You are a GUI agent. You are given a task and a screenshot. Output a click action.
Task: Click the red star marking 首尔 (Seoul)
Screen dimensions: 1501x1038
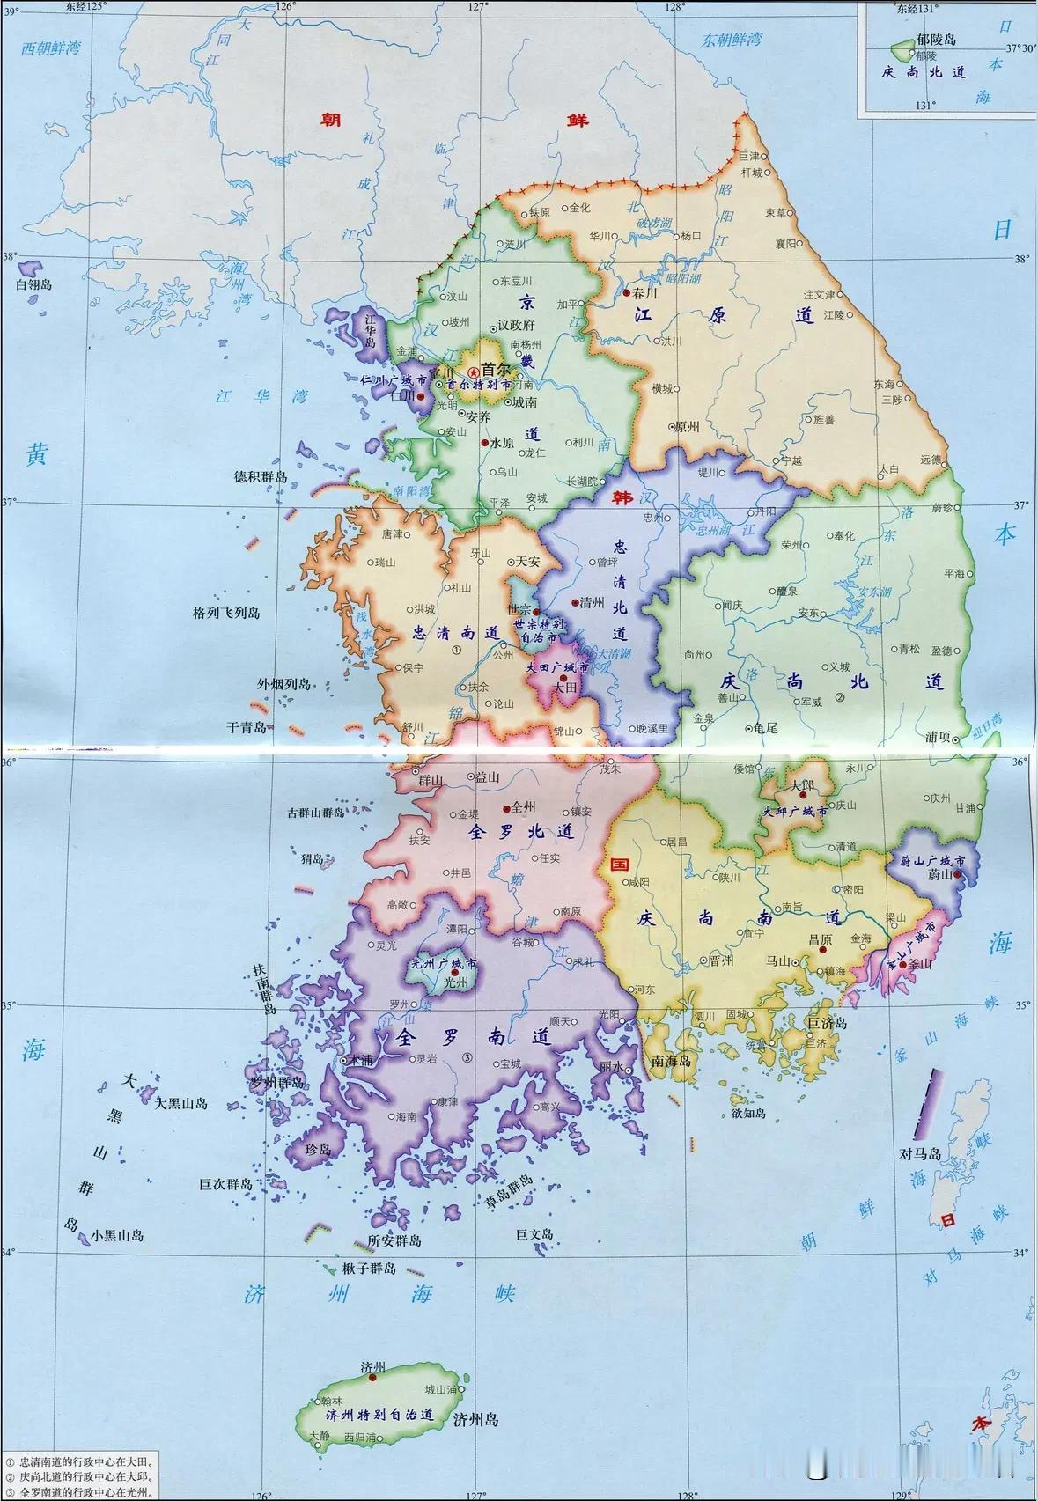(x=474, y=373)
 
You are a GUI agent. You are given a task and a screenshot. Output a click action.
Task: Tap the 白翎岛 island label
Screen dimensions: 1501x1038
(x=34, y=284)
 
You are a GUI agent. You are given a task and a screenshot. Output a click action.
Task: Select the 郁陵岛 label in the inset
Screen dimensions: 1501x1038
(x=936, y=40)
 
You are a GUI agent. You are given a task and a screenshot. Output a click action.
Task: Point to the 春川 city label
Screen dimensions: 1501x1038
(x=645, y=293)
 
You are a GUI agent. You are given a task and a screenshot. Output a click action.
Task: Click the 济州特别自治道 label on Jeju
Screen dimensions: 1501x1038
(x=379, y=1415)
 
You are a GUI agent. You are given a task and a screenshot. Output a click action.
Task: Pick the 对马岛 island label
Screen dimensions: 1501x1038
(x=920, y=1153)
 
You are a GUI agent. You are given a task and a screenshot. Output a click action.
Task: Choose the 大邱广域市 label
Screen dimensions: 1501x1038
(x=795, y=812)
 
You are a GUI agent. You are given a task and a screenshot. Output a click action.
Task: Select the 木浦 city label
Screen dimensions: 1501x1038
(x=361, y=1061)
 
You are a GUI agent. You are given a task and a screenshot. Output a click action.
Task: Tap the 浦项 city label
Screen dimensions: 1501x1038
(x=938, y=736)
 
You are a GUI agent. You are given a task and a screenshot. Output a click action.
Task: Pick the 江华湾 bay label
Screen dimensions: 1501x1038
(x=261, y=397)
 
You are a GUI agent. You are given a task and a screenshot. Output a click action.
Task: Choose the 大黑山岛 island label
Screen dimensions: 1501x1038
(x=181, y=1103)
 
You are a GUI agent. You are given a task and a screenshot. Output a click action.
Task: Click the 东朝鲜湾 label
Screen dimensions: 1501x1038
(x=732, y=40)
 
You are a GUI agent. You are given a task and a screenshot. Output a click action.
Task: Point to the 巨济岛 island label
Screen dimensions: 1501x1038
(x=827, y=1023)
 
